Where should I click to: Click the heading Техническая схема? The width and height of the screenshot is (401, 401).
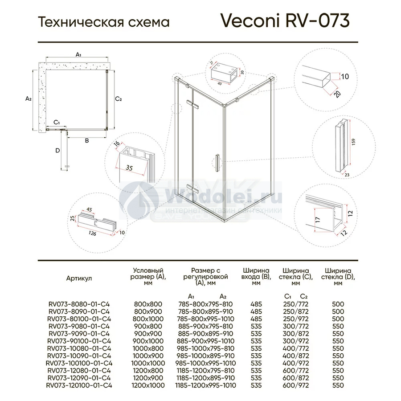pyautogui.click(x=104, y=22)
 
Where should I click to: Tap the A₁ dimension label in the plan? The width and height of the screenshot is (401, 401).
pyautogui.click(x=78, y=54)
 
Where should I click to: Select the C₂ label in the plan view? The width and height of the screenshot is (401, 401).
pyautogui.click(x=119, y=99)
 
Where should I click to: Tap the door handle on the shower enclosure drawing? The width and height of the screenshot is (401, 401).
pyautogui.click(x=217, y=163)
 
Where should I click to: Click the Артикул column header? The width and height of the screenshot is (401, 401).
pyautogui.click(x=79, y=278)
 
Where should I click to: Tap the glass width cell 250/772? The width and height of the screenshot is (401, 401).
pyautogui.click(x=296, y=304)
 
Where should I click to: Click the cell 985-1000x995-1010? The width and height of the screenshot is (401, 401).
pyautogui.click(x=206, y=363)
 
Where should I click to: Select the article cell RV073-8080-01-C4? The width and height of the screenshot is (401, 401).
pyautogui.click(x=78, y=304)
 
